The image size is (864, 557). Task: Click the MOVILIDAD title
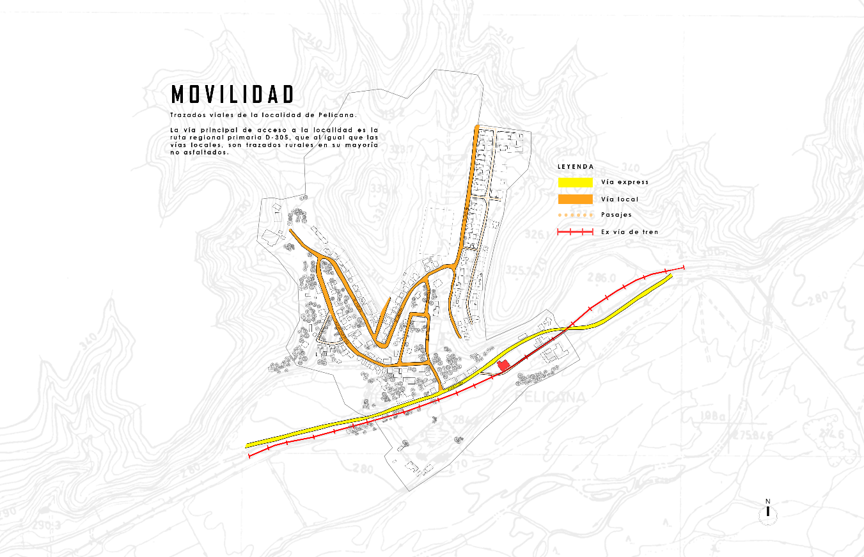[233, 95]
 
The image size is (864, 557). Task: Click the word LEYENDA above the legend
[576, 167]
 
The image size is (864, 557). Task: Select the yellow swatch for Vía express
[576, 182]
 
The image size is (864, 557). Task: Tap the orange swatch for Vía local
[576, 199]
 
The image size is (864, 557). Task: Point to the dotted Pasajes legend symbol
[576, 215]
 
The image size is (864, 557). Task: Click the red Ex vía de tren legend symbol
[576, 231]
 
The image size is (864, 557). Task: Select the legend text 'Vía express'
[624, 182]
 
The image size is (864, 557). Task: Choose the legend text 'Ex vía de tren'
[629, 231]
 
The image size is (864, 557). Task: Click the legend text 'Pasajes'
[616, 215]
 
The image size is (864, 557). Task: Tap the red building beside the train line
[503, 365]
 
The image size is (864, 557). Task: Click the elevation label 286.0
[604, 279]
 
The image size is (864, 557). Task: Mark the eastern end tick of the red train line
[684, 267]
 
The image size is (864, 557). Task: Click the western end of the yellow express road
[248, 445]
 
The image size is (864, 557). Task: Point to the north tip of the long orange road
[476, 127]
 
